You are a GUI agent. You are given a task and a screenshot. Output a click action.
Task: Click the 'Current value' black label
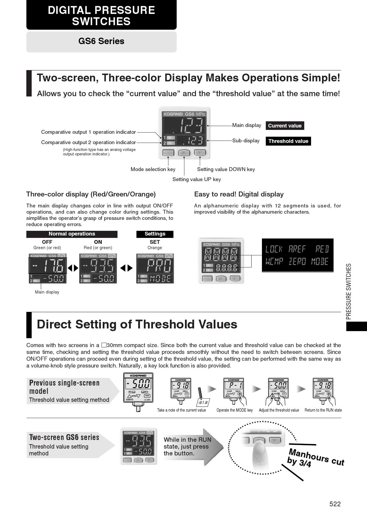click(x=285, y=126)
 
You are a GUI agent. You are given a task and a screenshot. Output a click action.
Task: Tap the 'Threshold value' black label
click(x=288, y=141)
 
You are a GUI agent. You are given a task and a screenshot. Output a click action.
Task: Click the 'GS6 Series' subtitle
click(x=101, y=41)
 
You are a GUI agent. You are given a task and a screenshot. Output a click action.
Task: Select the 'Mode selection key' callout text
click(x=153, y=169)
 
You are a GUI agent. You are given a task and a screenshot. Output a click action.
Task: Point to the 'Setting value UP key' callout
click(x=197, y=179)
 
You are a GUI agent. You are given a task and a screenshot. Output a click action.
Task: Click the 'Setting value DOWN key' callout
click(x=226, y=169)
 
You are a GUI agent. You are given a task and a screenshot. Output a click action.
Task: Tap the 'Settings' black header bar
click(x=155, y=234)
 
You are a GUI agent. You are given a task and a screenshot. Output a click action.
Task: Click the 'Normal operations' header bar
click(x=72, y=234)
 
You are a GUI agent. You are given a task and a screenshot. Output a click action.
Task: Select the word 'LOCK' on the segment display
click(x=274, y=249)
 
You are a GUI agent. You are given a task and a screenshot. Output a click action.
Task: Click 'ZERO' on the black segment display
click(x=297, y=262)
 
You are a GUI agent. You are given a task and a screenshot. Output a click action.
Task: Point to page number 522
click(x=335, y=504)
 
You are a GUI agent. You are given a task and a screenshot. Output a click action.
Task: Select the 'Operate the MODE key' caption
click(x=234, y=410)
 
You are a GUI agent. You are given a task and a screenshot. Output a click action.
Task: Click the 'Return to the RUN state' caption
click(x=323, y=410)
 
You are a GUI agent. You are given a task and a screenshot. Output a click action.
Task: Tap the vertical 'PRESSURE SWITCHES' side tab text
click(x=349, y=291)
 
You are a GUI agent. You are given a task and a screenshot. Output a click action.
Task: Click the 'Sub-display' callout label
click(x=246, y=141)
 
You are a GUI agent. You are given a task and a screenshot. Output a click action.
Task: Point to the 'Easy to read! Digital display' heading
click(x=239, y=194)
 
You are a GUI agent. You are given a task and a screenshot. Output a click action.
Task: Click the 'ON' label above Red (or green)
click(x=98, y=242)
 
